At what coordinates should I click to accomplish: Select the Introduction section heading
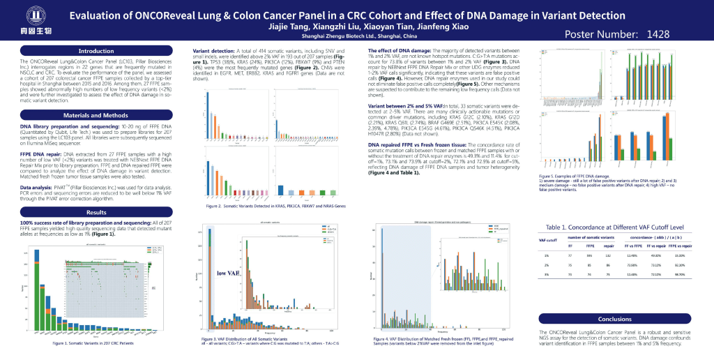(96, 51)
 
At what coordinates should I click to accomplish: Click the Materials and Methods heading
(96, 114)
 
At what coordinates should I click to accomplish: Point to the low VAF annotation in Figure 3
(227, 273)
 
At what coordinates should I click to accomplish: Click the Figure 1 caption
(93, 343)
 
